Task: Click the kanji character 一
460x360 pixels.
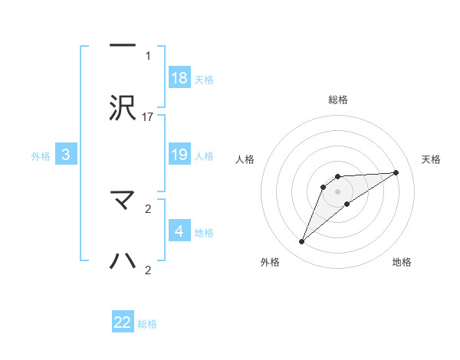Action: pos(123,44)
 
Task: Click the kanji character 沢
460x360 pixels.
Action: pos(123,108)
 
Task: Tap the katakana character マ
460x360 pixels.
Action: pos(123,200)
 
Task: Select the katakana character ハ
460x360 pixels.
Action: pos(123,261)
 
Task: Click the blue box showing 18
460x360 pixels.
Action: pos(179,78)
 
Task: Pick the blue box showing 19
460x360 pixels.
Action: pos(179,155)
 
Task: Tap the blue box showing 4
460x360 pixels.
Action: pos(179,231)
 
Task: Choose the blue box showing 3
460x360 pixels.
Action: pos(66,155)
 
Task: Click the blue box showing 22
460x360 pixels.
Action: pos(123,322)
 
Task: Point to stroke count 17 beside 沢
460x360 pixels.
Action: pos(149,116)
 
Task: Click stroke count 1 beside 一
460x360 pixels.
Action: pos(148,55)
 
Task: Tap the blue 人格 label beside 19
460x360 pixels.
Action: pos(204,155)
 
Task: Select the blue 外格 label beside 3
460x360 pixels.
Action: pos(41,155)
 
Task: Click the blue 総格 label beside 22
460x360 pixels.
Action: pos(147,324)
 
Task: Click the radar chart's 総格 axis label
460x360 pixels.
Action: pos(337,100)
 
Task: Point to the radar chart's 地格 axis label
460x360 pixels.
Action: pos(402,262)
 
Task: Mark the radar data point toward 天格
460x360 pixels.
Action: pos(396,172)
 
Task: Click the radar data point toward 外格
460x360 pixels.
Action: pos(301,242)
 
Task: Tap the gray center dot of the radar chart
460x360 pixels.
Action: pos(337,191)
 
